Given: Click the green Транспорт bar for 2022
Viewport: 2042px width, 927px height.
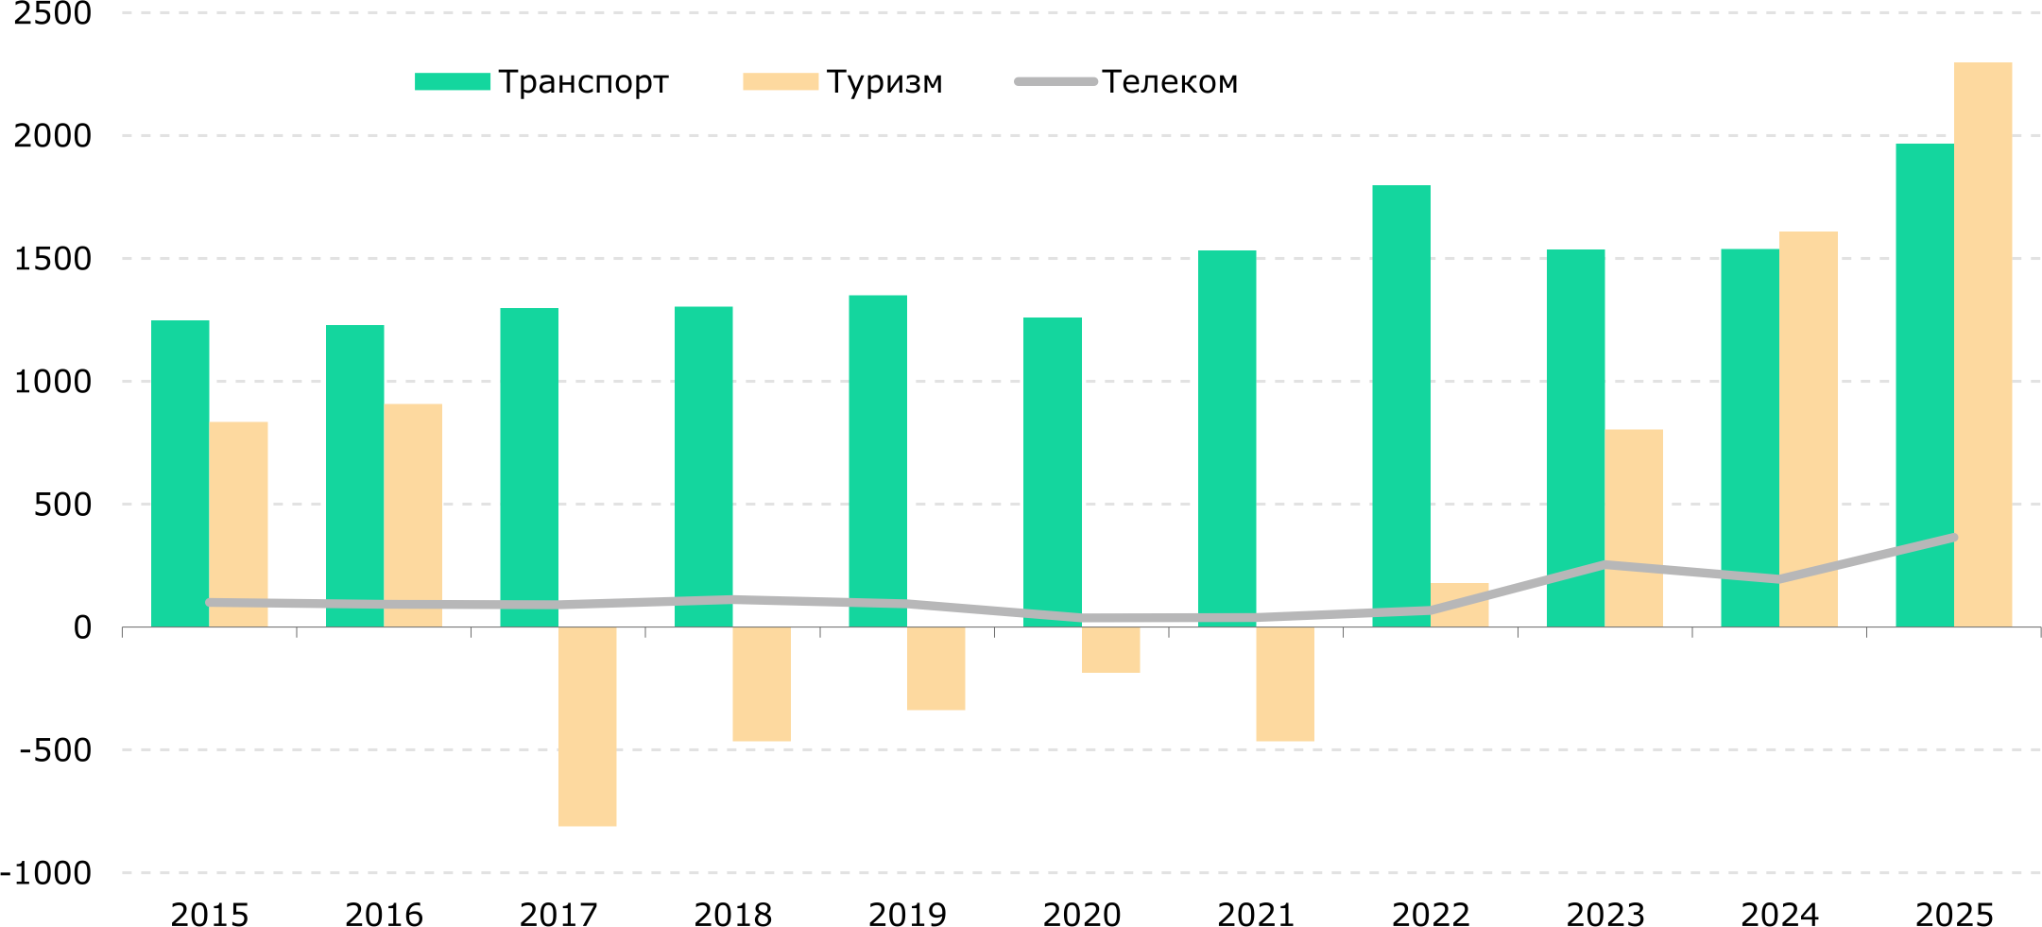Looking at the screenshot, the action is pos(1401,406).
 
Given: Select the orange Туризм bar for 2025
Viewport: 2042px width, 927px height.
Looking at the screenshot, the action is pos(1982,345).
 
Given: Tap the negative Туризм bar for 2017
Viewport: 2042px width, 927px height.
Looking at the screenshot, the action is pos(587,727).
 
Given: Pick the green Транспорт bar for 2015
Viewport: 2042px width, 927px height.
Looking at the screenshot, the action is pos(180,473).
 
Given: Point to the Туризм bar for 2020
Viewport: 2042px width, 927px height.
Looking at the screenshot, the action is pos(1110,650).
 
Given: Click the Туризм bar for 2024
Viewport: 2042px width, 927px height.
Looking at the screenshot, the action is pos(1809,429).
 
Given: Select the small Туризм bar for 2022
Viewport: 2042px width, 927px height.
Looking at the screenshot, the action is pos(1459,605).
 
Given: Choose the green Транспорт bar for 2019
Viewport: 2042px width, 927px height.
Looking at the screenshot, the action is pos(878,461).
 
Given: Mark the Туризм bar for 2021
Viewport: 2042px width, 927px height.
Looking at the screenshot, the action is pos(1285,684).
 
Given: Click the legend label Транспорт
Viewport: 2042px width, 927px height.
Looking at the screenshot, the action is pos(584,82).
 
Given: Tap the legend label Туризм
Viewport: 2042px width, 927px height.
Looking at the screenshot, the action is pos(884,82).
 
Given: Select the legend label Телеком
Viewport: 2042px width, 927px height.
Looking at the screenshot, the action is pos(1170,82).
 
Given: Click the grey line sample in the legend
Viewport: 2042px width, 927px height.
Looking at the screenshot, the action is pos(1055,82).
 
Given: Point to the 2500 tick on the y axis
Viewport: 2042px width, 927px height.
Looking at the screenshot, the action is pos(53,13).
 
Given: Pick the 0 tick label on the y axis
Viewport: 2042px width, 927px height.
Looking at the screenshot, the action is pos(83,627).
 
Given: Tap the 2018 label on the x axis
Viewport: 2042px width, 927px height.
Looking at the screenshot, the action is pos(733,915).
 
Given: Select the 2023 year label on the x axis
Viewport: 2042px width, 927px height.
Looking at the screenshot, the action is pos(1605,915).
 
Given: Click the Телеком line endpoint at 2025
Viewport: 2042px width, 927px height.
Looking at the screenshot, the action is pos(1953,538).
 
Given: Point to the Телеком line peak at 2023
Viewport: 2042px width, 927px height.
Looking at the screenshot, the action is pos(1604,565).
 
